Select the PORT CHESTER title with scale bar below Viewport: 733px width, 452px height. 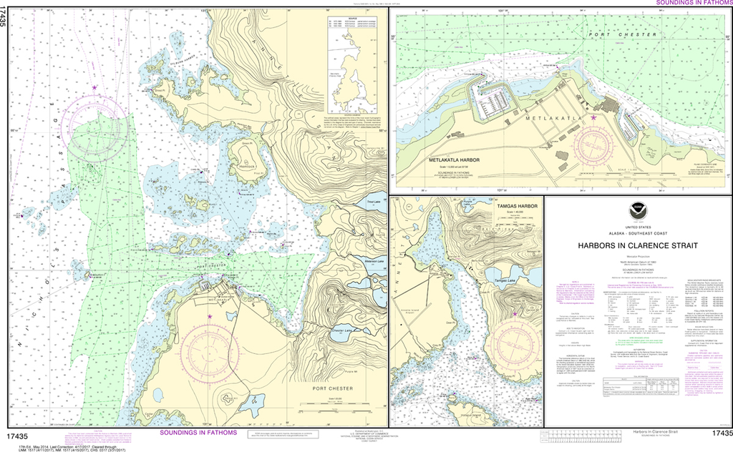point(332,390)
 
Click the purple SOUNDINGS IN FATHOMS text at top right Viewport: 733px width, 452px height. point(694,3)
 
